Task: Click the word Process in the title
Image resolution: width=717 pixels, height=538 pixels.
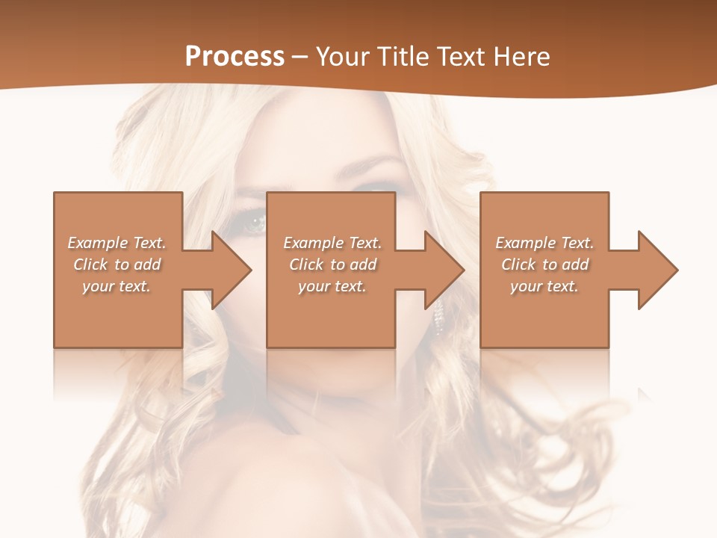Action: click(x=235, y=56)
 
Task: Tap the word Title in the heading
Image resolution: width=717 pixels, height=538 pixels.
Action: click(x=400, y=56)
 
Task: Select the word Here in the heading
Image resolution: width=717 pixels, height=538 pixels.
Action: click(x=521, y=56)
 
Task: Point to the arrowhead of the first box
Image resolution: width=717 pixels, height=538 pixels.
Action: click(x=232, y=270)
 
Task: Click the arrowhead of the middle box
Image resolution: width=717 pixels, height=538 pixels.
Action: click(x=444, y=270)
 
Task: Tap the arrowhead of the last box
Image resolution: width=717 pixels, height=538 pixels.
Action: click(x=658, y=270)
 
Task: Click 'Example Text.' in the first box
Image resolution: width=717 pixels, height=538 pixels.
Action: click(x=117, y=243)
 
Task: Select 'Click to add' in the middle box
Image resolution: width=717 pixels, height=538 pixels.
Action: click(x=332, y=265)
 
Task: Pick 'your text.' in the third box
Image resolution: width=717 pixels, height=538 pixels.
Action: click(x=544, y=286)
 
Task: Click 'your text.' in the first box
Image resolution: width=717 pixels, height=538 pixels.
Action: click(x=117, y=286)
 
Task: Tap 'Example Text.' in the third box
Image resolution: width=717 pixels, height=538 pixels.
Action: click(x=544, y=243)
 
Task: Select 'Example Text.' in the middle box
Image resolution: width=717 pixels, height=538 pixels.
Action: click(x=332, y=243)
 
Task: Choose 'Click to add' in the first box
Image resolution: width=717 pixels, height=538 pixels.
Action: click(x=117, y=265)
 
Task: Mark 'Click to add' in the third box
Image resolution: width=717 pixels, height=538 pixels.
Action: click(x=544, y=265)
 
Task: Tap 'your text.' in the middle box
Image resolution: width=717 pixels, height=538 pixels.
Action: click(x=332, y=286)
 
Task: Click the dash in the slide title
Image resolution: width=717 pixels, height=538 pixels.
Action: click(x=300, y=57)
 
